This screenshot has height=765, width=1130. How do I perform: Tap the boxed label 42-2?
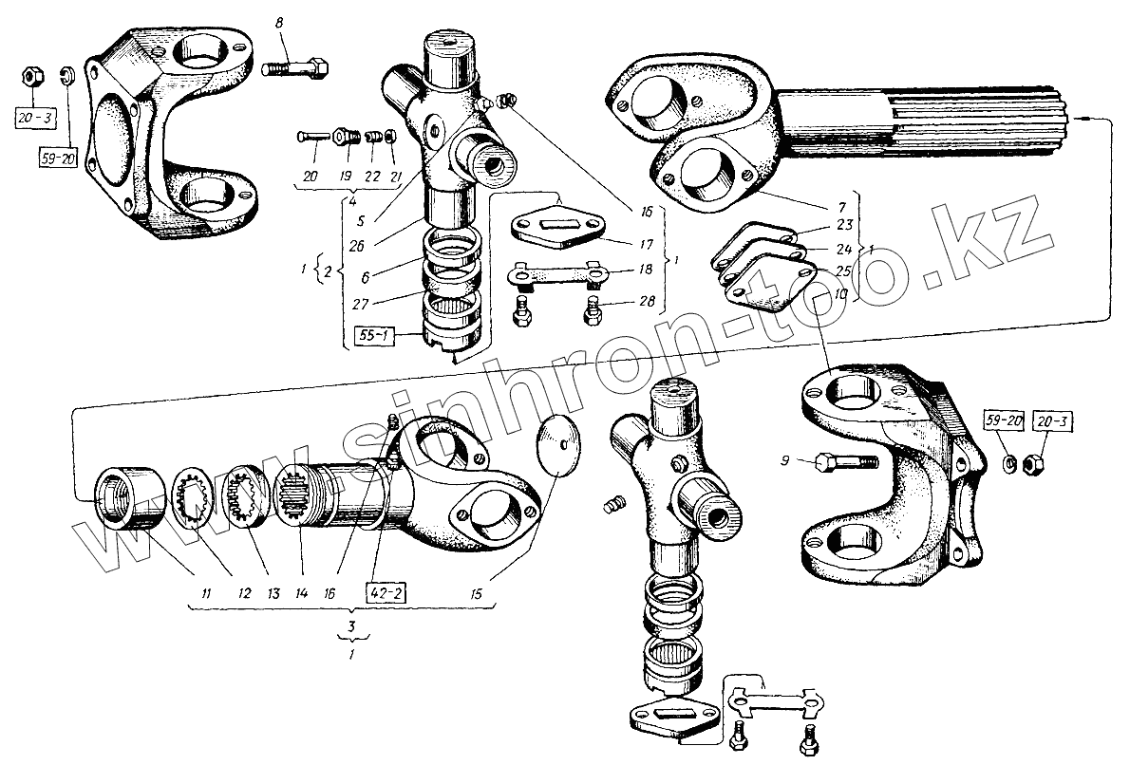pos(386,593)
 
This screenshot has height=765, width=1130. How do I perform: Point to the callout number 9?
pos(785,461)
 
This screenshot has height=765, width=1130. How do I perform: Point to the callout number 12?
pos(244,593)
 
